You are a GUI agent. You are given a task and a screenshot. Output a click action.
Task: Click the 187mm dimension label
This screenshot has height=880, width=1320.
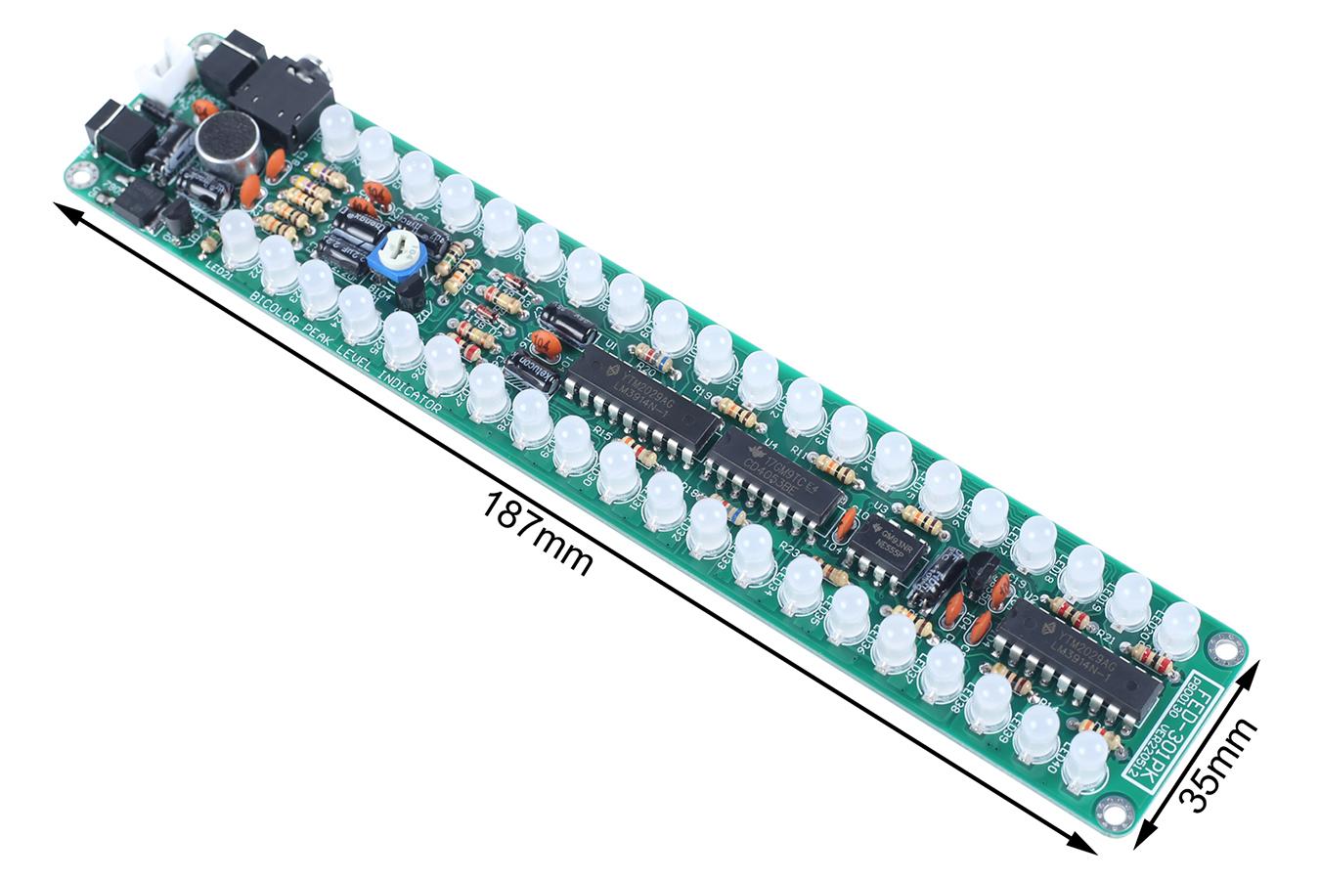[x=538, y=533]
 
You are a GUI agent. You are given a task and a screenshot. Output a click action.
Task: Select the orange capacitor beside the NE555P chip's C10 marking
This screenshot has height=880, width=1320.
[x=849, y=519]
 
